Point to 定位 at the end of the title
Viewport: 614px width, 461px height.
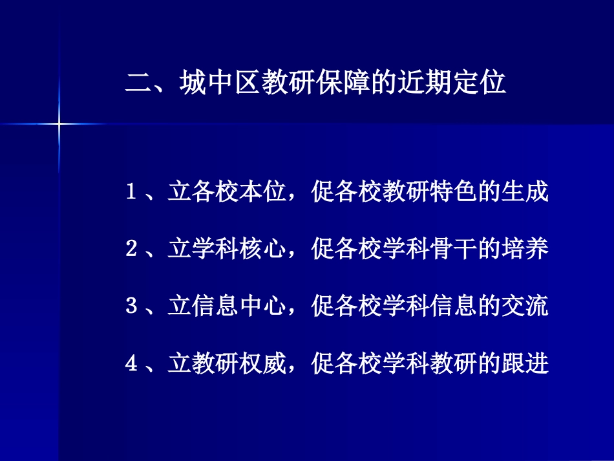pos(478,84)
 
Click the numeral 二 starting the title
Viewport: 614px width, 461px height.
pos(138,85)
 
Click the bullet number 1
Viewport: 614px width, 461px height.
pos(130,192)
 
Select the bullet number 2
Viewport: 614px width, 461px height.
pos(130,250)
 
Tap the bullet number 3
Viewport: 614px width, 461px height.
pos(130,306)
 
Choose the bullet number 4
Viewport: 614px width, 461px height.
pos(130,364)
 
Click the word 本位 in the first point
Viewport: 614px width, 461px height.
pos(263,192)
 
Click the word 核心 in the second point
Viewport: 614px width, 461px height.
pos(263,250)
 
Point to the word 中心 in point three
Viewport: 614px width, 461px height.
pos(263,306)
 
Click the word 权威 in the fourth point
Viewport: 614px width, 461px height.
pos(263,364)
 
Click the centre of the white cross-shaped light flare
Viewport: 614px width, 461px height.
pos(58,123)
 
